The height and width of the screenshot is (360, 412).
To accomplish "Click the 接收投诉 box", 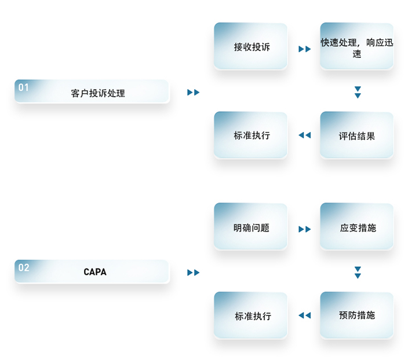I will coord(251,47).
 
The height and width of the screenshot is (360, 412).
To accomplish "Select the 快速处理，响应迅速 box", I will coord(357,47).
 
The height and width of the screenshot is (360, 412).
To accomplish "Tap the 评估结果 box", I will coord(357,136).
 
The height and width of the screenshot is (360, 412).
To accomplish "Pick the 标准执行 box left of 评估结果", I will coord(251,136).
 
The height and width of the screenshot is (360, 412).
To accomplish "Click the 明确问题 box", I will coord(251,227).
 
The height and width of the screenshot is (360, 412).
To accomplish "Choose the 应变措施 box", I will coord(357,227).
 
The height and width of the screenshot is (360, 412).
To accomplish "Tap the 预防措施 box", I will coord(357,315).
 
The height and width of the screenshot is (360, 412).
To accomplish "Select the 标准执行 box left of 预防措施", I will coord(251,316).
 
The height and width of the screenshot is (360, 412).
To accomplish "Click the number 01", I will coord(23,87).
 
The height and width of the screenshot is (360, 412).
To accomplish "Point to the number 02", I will coord(23,267).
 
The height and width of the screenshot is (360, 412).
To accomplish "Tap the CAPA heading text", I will coord(95,271).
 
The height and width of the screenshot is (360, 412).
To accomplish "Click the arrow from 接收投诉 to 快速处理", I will coord(305,49).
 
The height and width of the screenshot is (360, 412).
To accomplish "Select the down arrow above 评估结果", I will coord(358,92).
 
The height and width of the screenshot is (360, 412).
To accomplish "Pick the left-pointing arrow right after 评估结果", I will coord(305,135).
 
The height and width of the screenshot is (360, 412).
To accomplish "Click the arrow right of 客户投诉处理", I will coord(194,92).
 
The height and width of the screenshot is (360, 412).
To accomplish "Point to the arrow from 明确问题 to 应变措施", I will coord(305,229).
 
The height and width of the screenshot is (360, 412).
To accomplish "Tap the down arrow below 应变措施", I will coord(358,272).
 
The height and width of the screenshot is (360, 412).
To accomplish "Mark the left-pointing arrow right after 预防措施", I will coord(305,315).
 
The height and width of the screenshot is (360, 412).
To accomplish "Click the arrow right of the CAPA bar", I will coord(194,273).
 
